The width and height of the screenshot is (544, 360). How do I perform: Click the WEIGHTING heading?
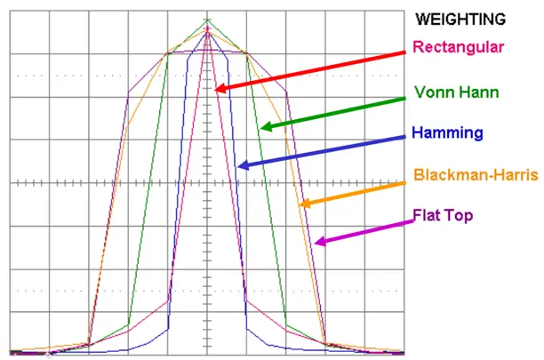[x=462, y=19]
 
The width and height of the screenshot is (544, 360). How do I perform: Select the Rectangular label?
[x=459, y=47]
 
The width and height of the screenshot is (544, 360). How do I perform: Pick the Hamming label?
[x=448, y=133]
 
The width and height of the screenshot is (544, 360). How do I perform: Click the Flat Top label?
[x=444, y=215]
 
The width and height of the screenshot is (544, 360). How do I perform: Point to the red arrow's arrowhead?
[x=219, y=89]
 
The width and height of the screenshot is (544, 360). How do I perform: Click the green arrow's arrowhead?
[x=265, y=127]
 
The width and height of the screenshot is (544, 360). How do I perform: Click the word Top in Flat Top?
[x=459, y=215]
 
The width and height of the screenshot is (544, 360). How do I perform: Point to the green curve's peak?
[x=208, y=20]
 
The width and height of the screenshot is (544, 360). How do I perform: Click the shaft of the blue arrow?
[x=329, y=149]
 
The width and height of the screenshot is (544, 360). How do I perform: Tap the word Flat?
[x=428, y=215]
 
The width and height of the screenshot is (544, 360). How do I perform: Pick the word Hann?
[x=480, y=92]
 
